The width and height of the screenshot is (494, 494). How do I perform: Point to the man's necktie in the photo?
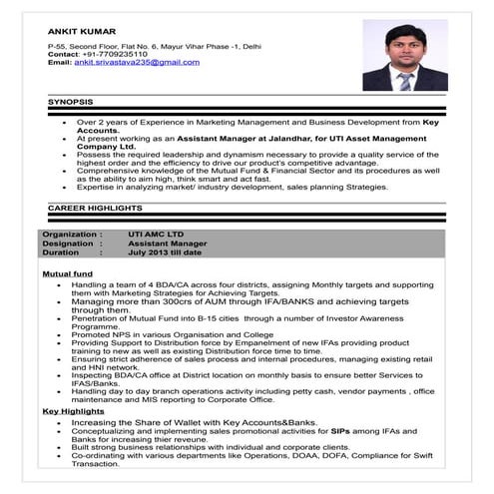point(404,80)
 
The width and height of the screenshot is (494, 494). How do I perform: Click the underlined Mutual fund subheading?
point(68,272)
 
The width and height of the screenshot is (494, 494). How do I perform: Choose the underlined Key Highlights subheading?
point(73,411)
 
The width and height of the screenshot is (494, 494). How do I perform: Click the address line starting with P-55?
point(155,46)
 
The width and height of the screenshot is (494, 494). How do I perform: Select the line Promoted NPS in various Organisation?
point(172,334)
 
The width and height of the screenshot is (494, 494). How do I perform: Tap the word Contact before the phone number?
point(63,54)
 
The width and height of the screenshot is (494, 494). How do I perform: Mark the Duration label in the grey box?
point(65,252)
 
